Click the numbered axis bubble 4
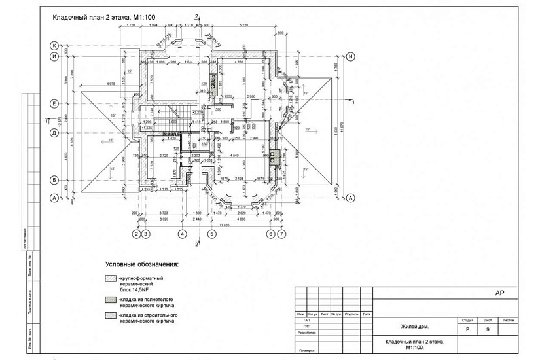(x=183, y=234)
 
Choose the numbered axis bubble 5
(x=211, y=234)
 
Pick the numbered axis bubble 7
(x=281, y=234)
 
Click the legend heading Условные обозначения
(x=141, y=265)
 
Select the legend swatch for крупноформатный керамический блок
(x=110, y=279)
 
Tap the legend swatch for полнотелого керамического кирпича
(x=110, y=299)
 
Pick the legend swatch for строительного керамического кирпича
(x=110, y=315)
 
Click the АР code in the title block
(x=498, y=294)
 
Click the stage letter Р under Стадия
(x=467, y=329)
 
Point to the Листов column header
(x=508, y=321)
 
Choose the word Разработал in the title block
(x=306, y=333)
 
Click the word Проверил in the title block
(x=306, y=351)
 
